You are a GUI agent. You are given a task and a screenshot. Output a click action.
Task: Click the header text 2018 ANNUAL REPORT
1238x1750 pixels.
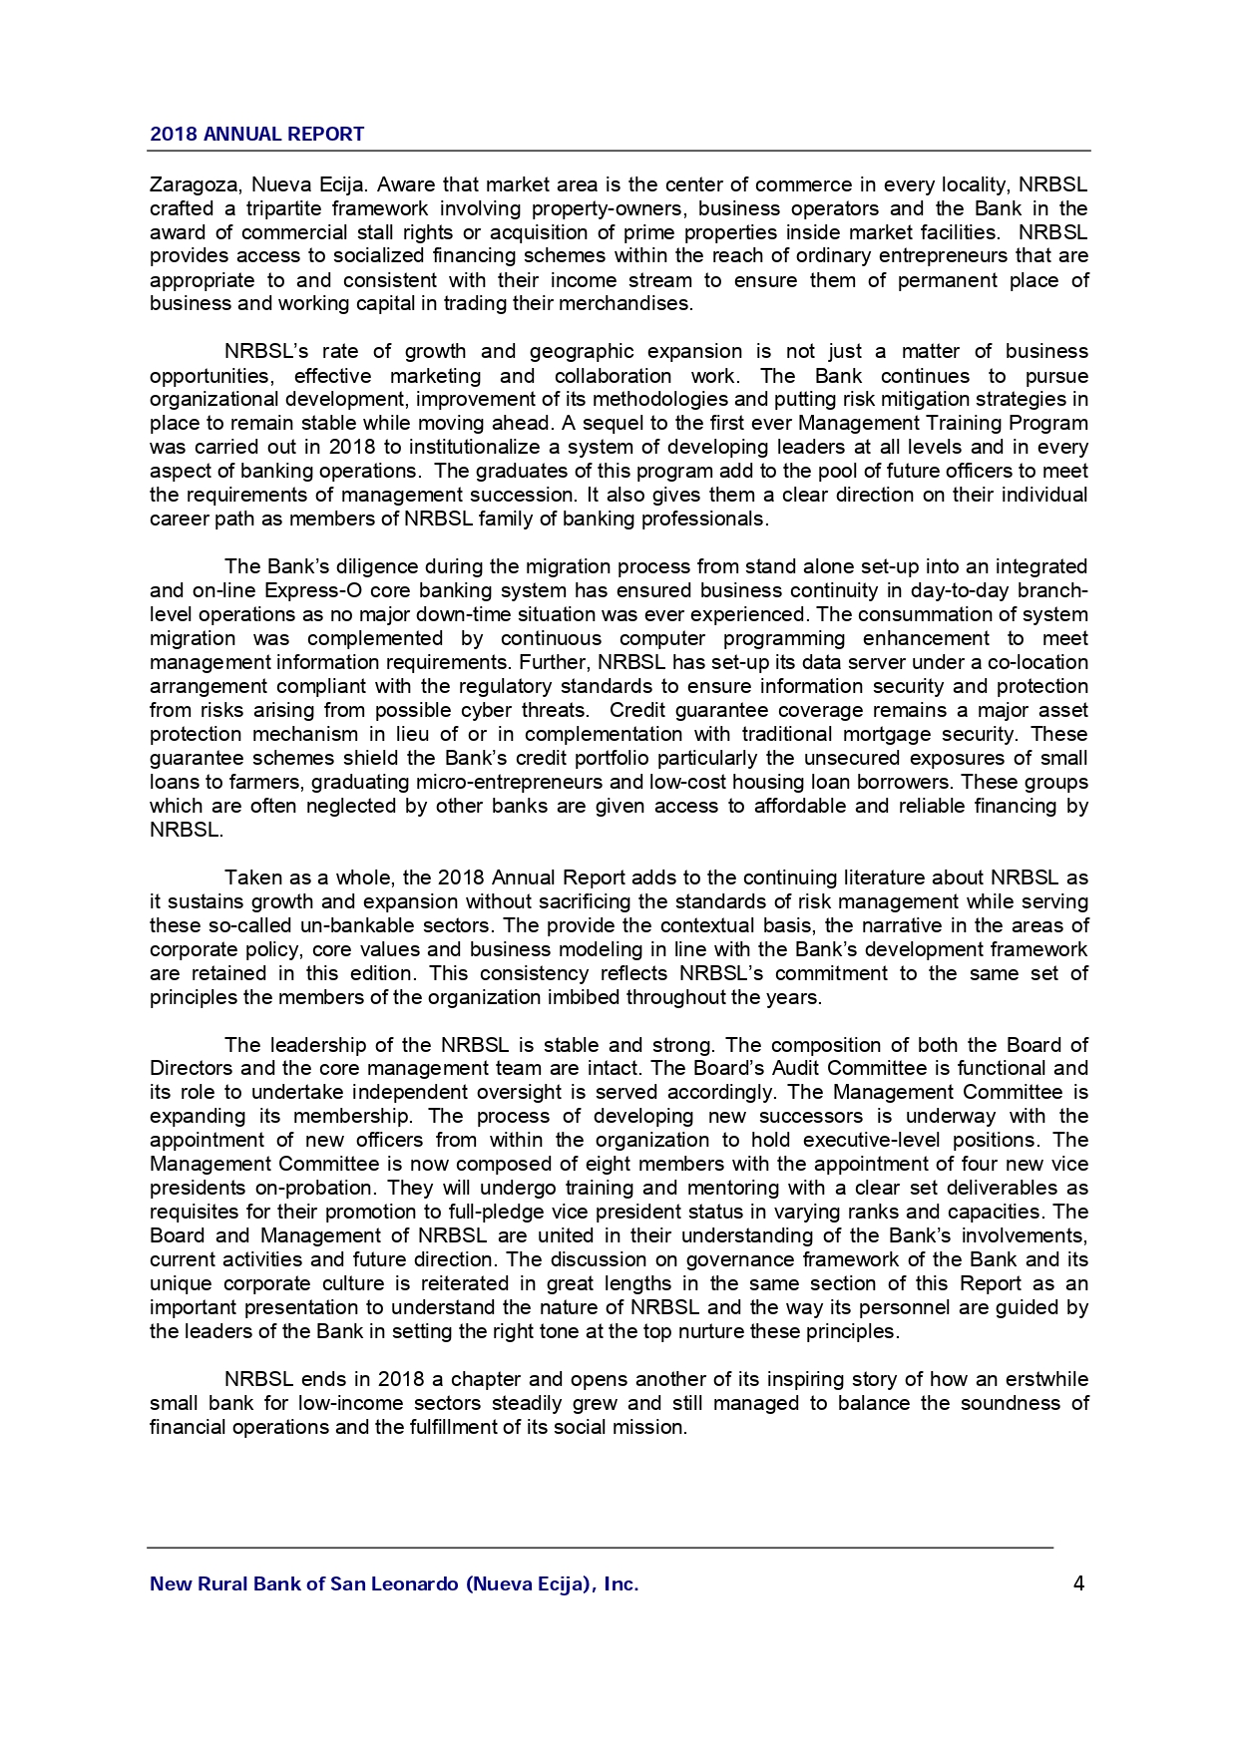[x=256, y=134]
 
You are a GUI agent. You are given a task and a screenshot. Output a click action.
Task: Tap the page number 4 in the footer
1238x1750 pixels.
[x=1078, y=1582]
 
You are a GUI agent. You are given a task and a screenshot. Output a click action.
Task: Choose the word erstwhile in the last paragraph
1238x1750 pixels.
[x=1041, y=1379]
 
